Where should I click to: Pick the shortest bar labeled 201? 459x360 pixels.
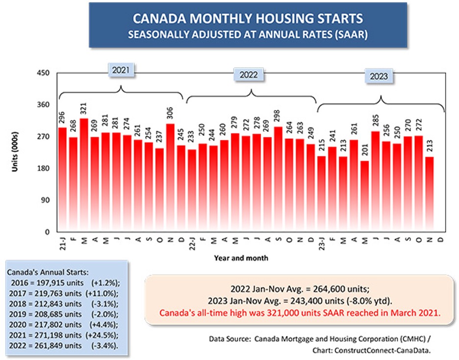click(x=364, y=196)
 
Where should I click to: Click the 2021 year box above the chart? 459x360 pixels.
click(x=121, y=70)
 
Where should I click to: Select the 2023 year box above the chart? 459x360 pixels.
click(x=378, y=76)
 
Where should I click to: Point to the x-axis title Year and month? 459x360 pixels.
click(x=240, y=257)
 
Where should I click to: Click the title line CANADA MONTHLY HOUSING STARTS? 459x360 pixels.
click(x=248, y=19)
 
